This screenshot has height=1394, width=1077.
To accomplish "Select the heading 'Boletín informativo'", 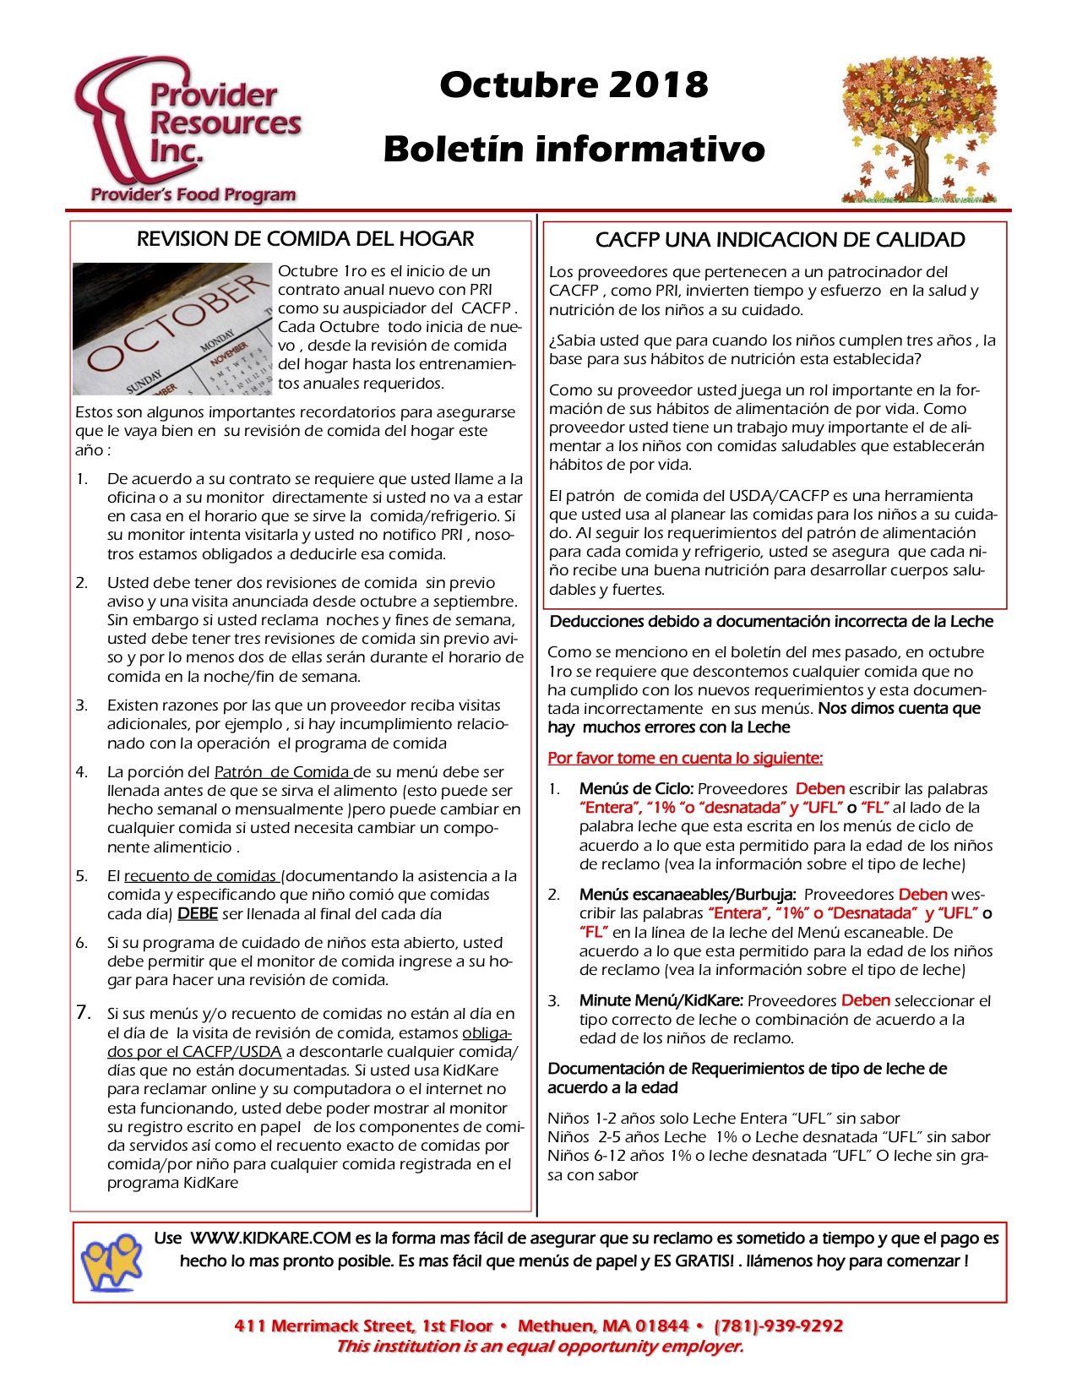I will tap(574, 149).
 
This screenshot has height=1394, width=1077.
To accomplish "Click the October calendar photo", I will tap(172, 329).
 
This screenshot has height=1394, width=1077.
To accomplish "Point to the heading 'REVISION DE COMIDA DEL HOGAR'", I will tap(305, 239).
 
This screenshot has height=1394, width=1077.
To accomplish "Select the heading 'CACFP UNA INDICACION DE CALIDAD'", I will tap(780, 240).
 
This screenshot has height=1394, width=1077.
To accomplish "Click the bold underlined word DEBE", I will tap(198, 914).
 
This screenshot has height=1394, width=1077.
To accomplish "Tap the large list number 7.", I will tap(84, 1012).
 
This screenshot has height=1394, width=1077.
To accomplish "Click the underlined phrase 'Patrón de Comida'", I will tap(282, 772).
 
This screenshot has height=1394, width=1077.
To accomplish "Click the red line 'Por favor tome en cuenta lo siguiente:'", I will tap(685, 758).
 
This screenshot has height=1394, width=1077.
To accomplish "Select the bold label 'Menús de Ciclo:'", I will tap(636, 789).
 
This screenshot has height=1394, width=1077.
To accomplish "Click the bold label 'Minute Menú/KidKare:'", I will tap(661, 1000).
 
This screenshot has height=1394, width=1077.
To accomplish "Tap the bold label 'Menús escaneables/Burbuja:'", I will tap(688, 895).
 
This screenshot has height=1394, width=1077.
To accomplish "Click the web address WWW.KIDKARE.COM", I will tap(270, 1239).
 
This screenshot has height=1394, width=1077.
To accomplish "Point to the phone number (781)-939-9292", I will tap(778, 1326).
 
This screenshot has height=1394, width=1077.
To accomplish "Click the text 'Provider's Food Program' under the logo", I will tap(193, 195).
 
